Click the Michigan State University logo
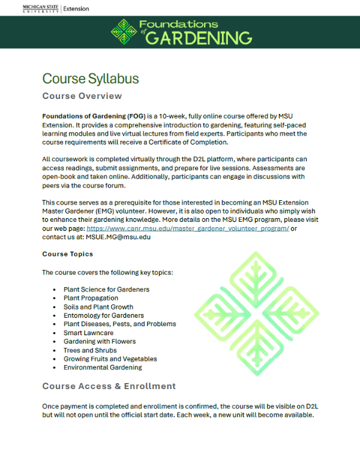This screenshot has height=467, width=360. (x=40, y=8)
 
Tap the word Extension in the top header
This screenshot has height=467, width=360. (x=76, y=8)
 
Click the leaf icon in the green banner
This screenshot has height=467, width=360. (x=125, y=32)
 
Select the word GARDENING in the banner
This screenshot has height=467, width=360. (x=199, y=38)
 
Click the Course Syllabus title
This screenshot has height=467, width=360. (x=91, y=79)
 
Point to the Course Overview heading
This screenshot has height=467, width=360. (x=82, y=96)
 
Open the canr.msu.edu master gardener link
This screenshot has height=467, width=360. (x=188, y=228)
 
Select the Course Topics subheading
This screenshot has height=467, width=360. (x=67, y=254)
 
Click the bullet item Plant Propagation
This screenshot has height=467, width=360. (x=91, y=298)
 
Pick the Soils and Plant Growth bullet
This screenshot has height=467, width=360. (x=98, y=307)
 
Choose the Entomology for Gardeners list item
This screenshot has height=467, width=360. (x=104, y=315)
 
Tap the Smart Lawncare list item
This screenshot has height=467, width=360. (x=88, y=333)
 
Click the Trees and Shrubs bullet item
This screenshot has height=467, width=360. (x=90, y=350)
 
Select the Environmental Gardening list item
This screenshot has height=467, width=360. (x=103, y=367)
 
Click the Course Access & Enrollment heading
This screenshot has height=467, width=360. (x=109, y=385)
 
